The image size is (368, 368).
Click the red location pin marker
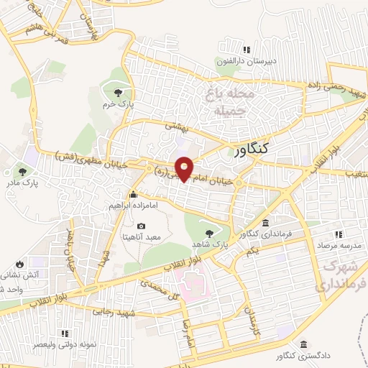(185, 167)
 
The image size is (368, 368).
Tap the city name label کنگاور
(252, 149)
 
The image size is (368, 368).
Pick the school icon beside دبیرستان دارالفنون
(247, 50)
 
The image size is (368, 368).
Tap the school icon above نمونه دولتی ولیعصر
(65, 333)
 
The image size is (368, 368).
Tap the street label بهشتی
(176, 125)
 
